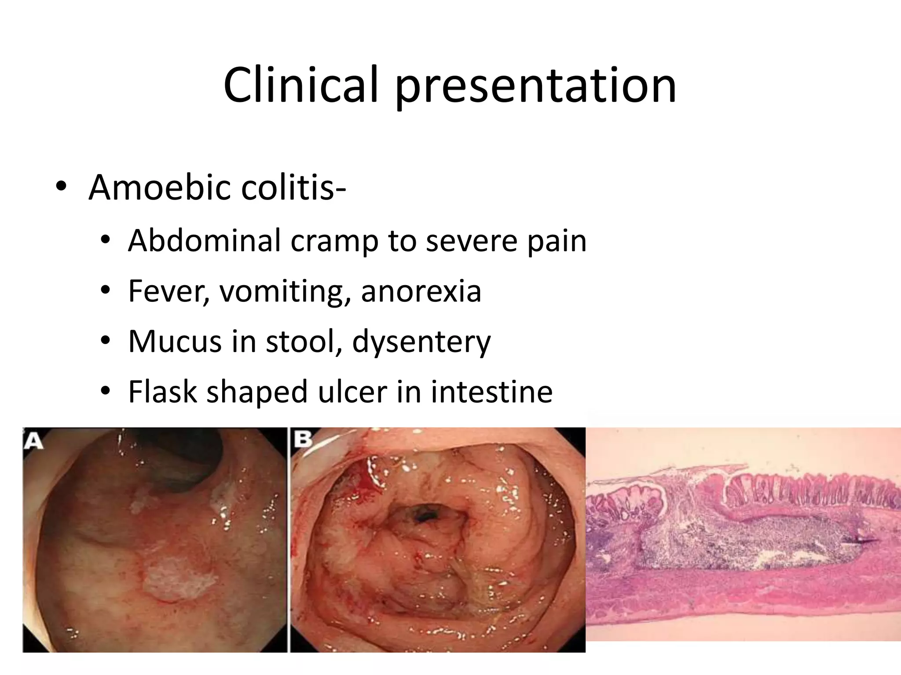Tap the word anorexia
coord(421,291)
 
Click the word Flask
coord(162,392)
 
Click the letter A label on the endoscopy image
coord(33,441)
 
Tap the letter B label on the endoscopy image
coord(303,440)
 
